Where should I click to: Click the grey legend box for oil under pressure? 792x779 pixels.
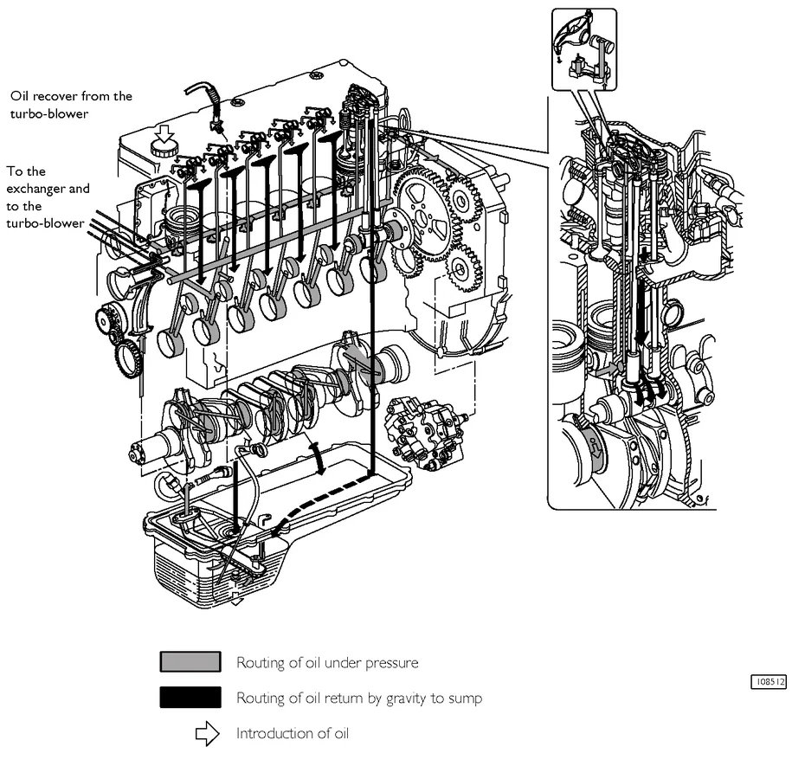(x=190, y=662)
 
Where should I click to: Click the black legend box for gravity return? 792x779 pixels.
(x=190, y=698)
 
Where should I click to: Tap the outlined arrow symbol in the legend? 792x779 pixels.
(x=207, y=734)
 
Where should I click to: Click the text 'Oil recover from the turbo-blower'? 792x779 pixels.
(x=71, y=104)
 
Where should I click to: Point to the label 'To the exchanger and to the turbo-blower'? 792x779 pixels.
(x=48, y=197)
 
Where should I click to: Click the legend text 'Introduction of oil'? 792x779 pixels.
(x=292, y=734)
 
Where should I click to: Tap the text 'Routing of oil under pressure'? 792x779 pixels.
(x=327, y=663)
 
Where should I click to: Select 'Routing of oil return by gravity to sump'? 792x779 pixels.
(x=358, y=698)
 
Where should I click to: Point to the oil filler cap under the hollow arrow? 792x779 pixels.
(x=164, y=148)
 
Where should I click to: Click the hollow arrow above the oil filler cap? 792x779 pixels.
(x=164, y=132)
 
